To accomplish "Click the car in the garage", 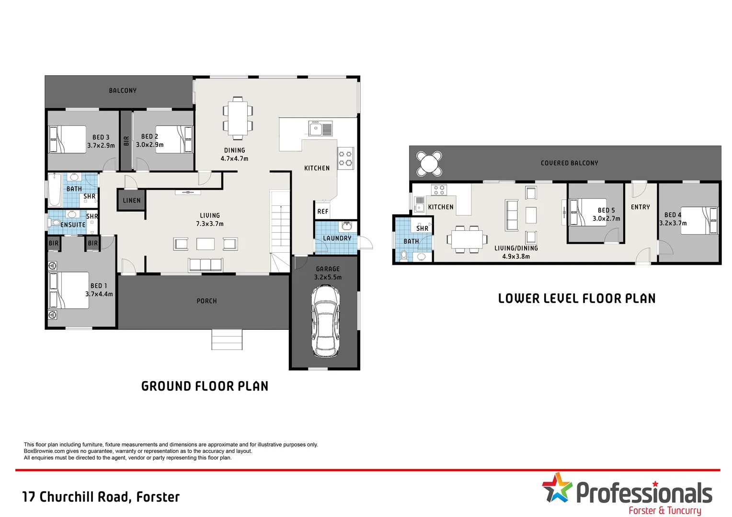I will point(325,321).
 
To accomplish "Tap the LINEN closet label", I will point(131,200).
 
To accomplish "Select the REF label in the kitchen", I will point(323,212).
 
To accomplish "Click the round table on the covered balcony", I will point(429,164).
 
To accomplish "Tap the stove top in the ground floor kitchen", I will point(345,158).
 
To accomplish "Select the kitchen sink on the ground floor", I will point(320,128).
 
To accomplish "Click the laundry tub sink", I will point(347,226).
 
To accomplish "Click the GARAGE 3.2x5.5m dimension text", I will point(328,273).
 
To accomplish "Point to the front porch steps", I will point(227,339).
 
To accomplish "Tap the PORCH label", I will point(206,301).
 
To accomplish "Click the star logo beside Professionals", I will point(557,488).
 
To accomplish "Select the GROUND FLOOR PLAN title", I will point(205,386).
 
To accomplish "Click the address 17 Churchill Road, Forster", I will point(101,497).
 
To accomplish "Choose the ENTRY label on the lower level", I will point(640,207).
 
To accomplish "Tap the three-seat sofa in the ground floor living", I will point(206,265).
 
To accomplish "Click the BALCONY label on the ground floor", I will point(123,90).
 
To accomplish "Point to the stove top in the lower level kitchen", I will point(439,190).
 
